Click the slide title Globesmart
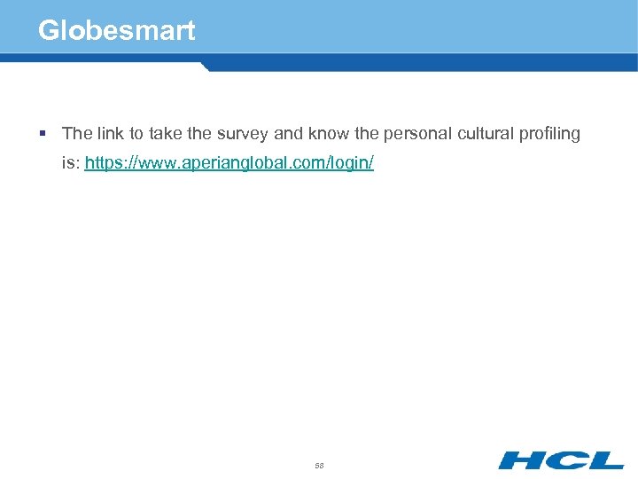[x=116, y=31]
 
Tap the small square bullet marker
[x=43, y=134]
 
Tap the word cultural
[x=486, y=134]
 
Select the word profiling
[x=550, y=134]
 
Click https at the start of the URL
[x=104, y=165]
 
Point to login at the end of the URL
[x=350, y=165]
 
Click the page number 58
[x=319, y=465]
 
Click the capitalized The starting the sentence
[x=77, y=134]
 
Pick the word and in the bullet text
[x=288, y=134]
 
